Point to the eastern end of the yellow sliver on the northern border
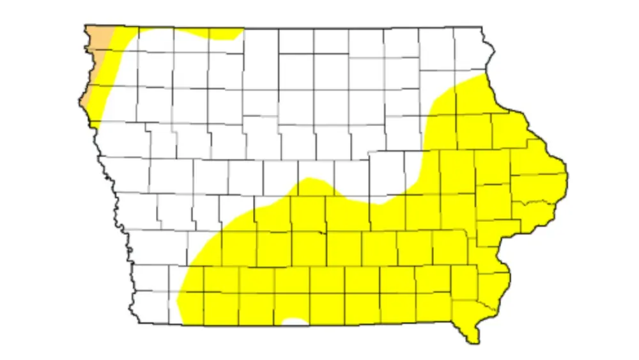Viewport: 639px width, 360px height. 241,30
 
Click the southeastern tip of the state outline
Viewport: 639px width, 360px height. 473,342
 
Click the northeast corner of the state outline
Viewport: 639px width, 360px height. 482,27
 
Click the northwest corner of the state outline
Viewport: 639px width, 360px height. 86,26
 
